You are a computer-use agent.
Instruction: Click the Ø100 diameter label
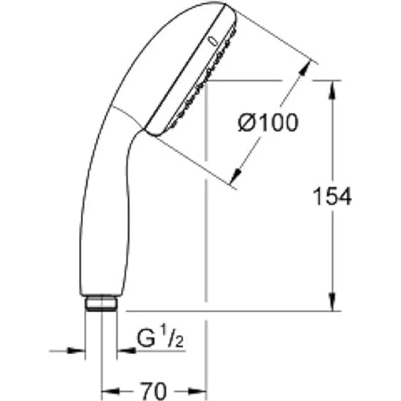[x=268, y=123]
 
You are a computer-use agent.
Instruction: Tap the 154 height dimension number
[x=332, y=196]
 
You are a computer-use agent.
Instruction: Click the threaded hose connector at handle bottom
[x=101, y=303]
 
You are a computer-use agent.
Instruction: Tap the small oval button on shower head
[x=213, y=41]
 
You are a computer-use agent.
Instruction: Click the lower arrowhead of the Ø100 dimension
[x=236, y=175]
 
